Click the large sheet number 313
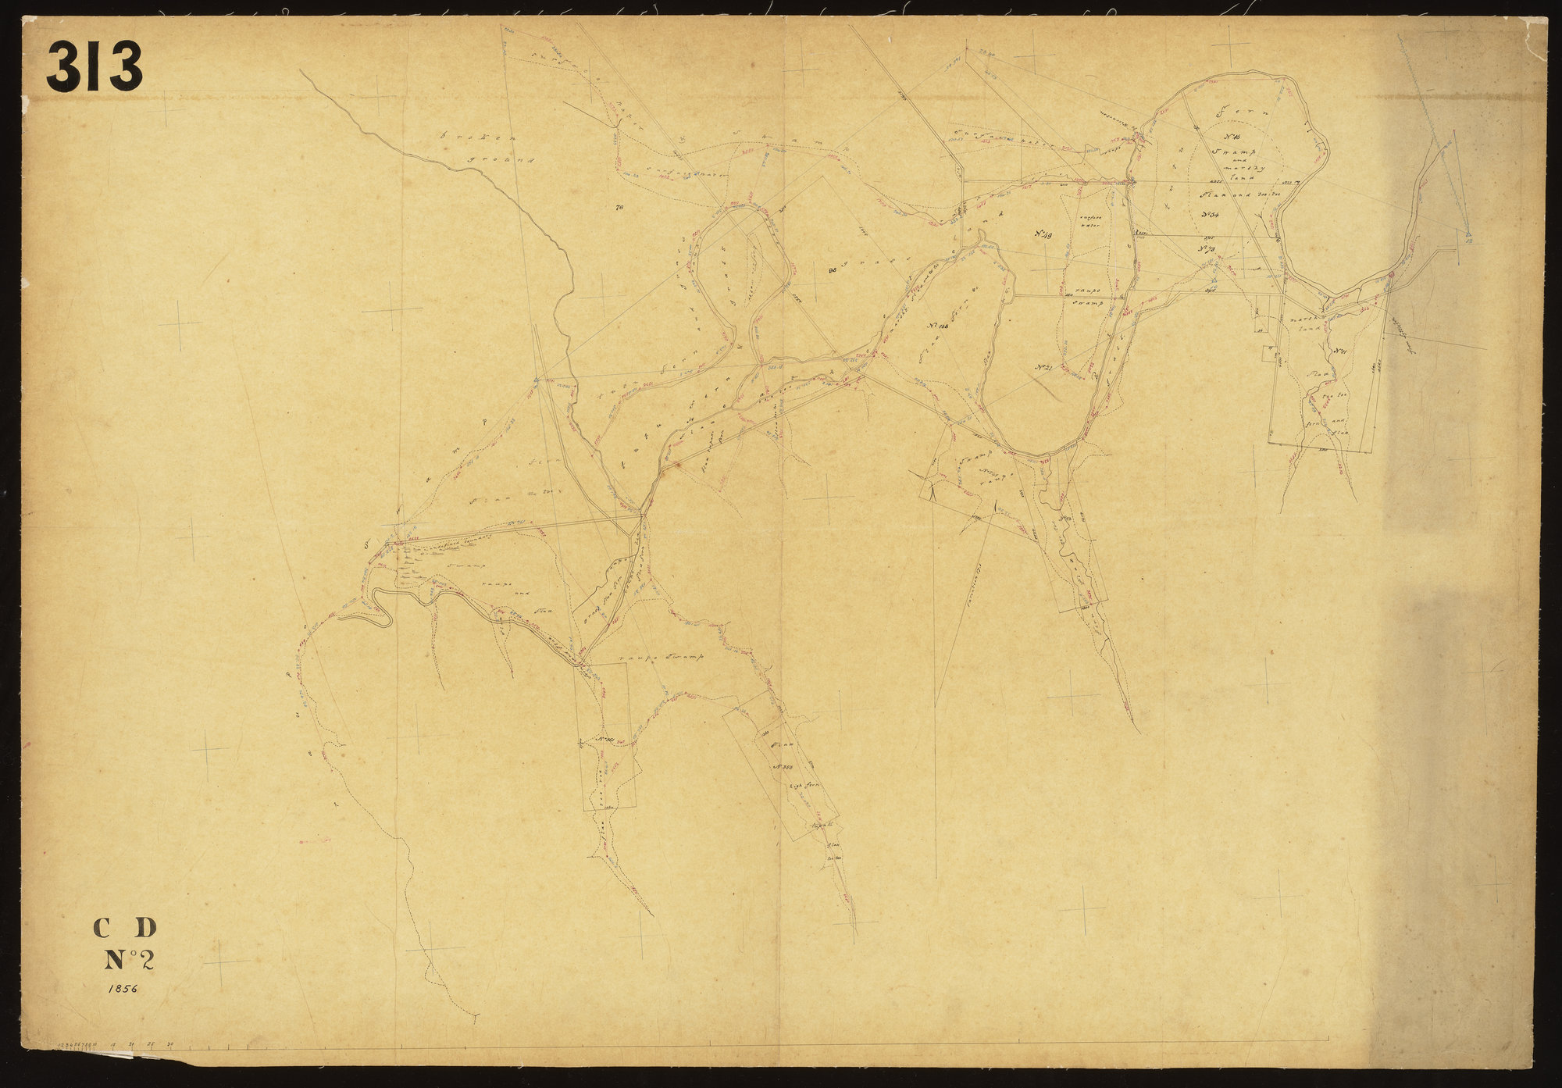click(x=95, y=66)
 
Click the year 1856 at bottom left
click(x=119, y=988)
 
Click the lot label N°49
click(x=1046, y=233)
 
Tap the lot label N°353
click(x=785, y=766)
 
